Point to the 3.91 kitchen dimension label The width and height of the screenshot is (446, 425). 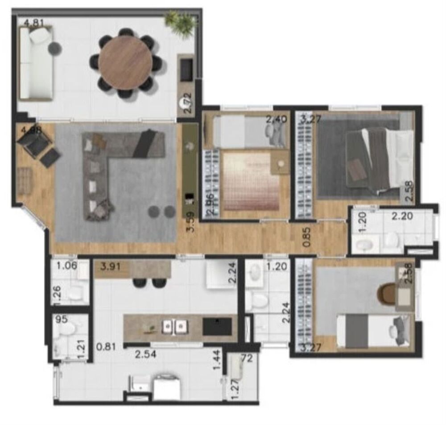(x=110, y=267)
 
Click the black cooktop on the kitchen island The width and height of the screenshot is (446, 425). (x=217, y=327)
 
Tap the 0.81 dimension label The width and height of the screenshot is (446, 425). (x=105, y=346)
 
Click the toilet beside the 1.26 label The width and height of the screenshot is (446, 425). (x=77, y=293)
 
